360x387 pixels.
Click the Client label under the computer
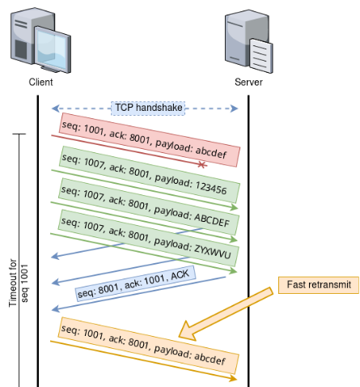tap(40, 82)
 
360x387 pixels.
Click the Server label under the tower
tap(248, 82)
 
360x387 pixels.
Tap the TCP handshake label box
tap(148, 108)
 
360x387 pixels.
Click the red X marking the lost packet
tap(201, 164)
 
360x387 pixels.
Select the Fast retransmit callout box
tap(319, 285)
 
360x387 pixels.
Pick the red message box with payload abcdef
tap(150, 140)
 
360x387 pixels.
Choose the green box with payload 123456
tap(150, 175)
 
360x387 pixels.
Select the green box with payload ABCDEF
tap(149, 206)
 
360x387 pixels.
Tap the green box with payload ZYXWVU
tap(149, 238)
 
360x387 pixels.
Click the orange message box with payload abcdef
tap(149, 346)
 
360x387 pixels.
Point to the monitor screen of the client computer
tap(52, 49)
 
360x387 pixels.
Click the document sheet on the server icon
tap(260, 56)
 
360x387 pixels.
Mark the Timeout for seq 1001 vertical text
tap(18, 283)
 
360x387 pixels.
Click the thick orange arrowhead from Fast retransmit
tap(188, 331)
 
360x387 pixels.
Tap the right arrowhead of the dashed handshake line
tap(235, 108)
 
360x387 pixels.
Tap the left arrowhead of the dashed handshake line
tap(55, 108)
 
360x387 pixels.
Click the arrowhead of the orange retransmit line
tap(233, 378)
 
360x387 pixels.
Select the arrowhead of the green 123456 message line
tap(235, 207)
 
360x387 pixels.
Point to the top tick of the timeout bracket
tap(19, 134)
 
